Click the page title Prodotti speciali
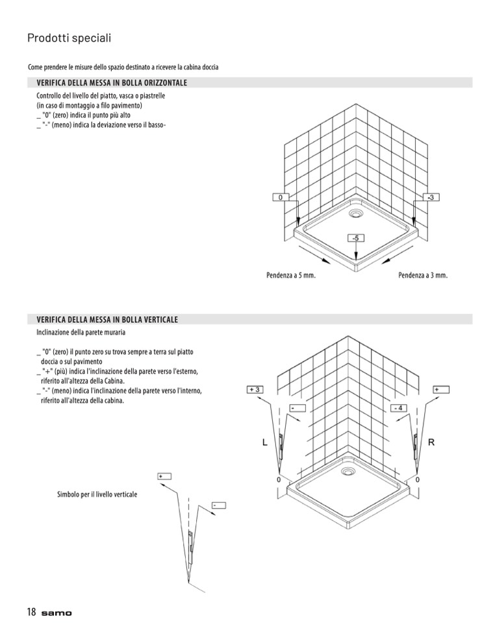point(69,38)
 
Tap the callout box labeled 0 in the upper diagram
point(280,197)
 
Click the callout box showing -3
point(433,197)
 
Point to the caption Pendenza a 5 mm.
point(290,276)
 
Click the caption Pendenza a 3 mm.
point(423,276)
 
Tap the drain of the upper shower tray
point(357,212)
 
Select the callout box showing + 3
point(255,389)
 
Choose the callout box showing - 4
point(399,408)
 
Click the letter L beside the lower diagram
point(264,442)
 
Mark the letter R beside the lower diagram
point(431,442)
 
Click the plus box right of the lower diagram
point(441,389)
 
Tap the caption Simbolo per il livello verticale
point(97,494)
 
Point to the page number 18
point(31,612)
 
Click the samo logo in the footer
point(57,614)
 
